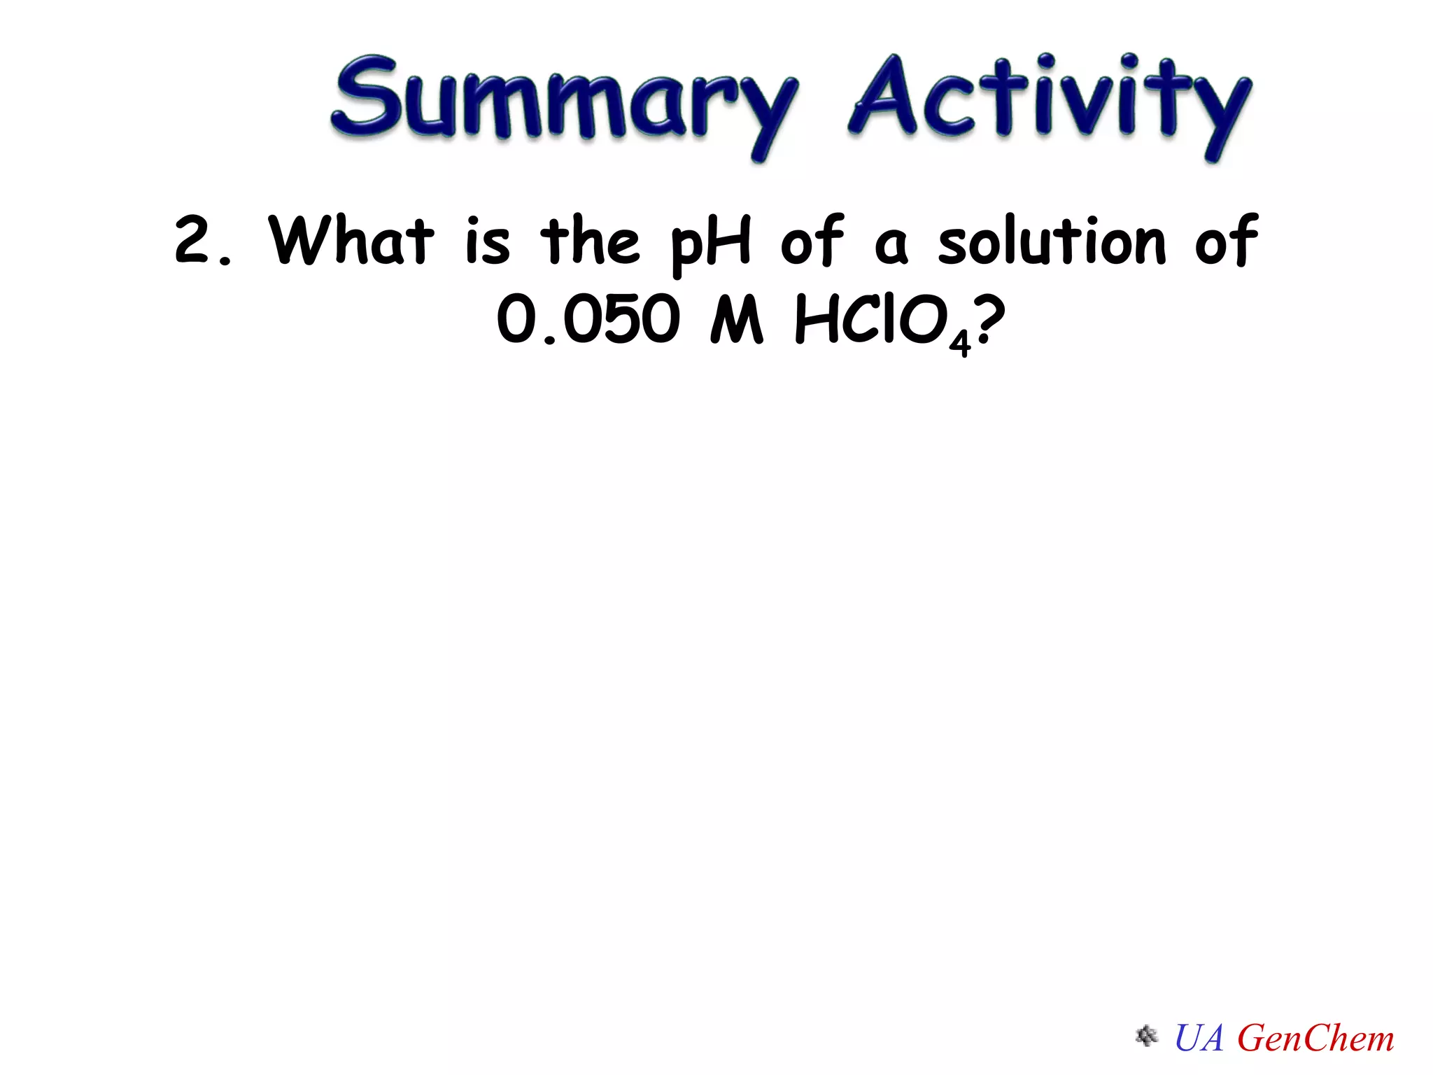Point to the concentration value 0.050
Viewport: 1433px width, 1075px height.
pos(588,320)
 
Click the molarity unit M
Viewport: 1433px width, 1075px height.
pos(736,320)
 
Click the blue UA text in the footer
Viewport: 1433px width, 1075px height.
pos(1199,1038)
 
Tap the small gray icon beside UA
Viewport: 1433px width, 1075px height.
pos(1146,1036)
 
